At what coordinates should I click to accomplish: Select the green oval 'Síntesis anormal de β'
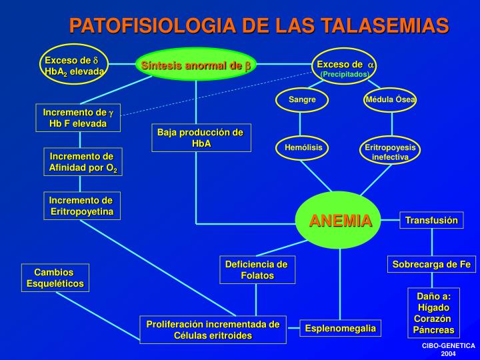pos(196,65)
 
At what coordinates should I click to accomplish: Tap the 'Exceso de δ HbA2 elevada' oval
pos(74,65)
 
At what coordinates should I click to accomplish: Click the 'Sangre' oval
pos(302,100)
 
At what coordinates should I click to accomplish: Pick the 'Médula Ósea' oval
pos(391,100)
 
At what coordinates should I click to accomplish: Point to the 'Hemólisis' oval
pos(303,147)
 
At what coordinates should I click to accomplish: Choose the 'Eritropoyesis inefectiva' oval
pos(390,151)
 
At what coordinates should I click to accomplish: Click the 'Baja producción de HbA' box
pos(201,138)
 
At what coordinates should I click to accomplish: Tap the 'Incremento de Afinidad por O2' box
pos(83,162)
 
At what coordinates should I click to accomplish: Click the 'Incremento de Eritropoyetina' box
pos(81,206)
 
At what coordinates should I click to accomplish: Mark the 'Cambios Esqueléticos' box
pos(55,278)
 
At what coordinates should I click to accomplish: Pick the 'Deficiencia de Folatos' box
pos(257,270)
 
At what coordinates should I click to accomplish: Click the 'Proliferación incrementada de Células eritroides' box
pos(213,330)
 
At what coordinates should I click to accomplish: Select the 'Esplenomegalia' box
pos(341,329)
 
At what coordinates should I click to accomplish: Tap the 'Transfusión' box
pos(432,221)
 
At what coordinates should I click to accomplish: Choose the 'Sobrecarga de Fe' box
pos(431,265)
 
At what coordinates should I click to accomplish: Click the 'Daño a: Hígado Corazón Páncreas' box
pos(434,312)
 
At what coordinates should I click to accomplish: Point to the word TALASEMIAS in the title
pos(385,26)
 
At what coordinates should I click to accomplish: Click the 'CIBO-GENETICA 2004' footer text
pos(448,349)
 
